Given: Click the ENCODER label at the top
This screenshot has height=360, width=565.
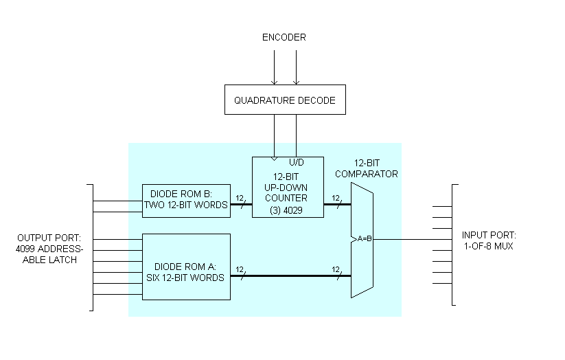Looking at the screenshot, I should pyautogui.click(x=284, y=37).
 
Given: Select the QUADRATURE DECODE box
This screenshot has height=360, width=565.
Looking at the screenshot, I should pyautogui.click(x=285, y=100).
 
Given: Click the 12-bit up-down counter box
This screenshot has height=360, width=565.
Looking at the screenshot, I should pyautogui.click(x=288, y=187).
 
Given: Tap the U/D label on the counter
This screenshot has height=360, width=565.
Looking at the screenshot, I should pyautogui.click(x=297, y=162).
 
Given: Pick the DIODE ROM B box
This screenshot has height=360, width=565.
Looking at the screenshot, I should pyautogui.click(x=186, y=200).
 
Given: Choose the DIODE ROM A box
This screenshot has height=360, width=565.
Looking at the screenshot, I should pyautogui.click(x=186, y=267).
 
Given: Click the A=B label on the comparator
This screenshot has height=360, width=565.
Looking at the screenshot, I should pyautogui.click(x=365, y=239).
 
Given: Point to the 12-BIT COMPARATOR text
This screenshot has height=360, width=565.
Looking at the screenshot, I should pyautogui.click(x=371, y=169).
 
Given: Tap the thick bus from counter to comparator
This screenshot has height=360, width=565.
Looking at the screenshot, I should pyautogui.click(x=337, y=203).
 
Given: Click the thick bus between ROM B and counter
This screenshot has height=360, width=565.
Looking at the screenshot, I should pyautogui.click(x=241, y=203).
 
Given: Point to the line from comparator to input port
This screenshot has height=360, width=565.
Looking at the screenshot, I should pyautogui.click(x=412, y=240).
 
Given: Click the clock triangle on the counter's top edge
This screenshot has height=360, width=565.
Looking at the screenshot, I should pyautogui.click(x=275, y=159).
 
